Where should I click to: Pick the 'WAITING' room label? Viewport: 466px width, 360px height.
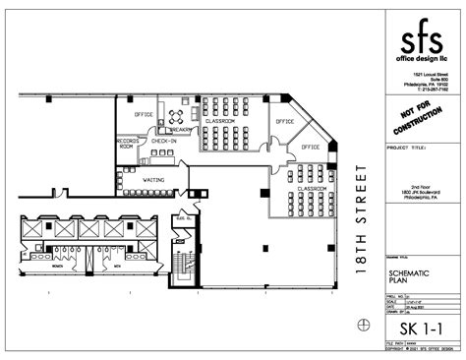(x=153, y=180)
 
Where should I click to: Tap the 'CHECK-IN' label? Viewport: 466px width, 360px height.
(x=163, y=142)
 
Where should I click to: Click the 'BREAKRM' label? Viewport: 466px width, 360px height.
(x=179, y=129)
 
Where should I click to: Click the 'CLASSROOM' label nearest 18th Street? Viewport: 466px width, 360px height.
(x=312, y=188)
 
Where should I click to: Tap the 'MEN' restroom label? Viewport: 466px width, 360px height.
(x=116, y=266)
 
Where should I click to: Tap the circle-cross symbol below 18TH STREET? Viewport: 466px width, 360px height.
(x=364, y=325)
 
